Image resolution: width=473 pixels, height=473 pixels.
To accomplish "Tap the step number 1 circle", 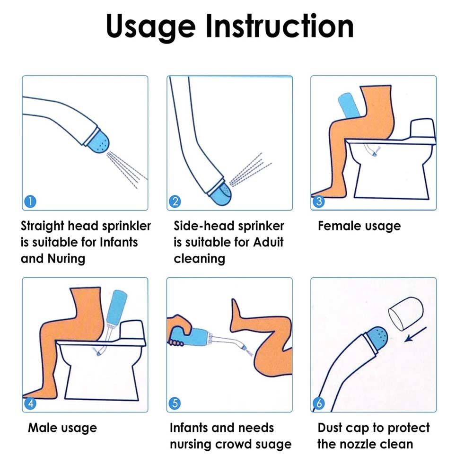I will point(30,201).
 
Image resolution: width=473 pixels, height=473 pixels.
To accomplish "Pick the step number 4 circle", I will point(30,403).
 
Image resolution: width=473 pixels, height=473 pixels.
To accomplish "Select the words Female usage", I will point(359,226).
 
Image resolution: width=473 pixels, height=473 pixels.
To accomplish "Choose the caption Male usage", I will point(62,428).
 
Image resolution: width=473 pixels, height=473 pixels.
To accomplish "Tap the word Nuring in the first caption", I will point(66,259).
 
